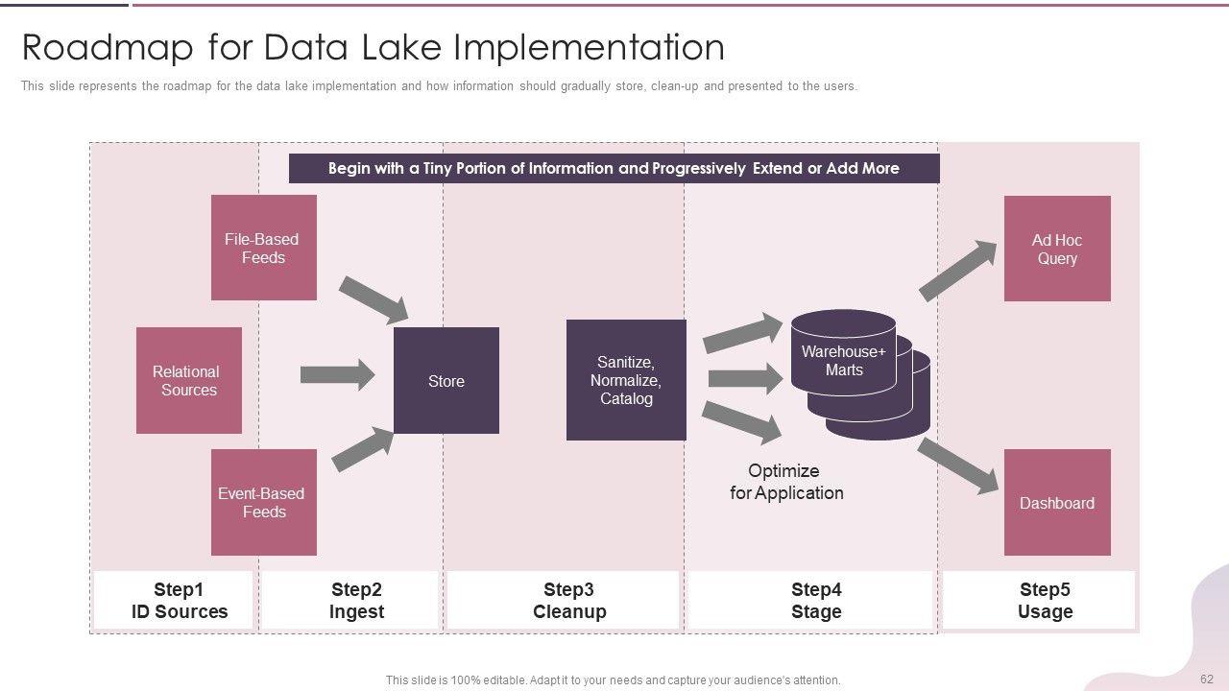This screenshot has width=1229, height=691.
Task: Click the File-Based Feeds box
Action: [264, 248]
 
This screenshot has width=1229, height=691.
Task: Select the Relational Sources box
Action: [189, 381]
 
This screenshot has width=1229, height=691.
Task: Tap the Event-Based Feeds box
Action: [264, 502]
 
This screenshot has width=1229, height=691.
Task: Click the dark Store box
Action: [446, 381]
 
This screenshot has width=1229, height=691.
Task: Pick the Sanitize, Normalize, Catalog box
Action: [626, 380]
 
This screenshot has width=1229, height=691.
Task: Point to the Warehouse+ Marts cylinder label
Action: [844, 360]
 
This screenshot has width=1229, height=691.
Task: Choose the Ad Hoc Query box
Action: [1057, 249]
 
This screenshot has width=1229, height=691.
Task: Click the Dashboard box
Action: [1057, 502]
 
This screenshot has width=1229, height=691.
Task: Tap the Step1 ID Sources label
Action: [179, 601]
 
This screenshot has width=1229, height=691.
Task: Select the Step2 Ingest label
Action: [356, 601]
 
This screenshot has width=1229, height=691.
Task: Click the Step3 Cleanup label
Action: [569, 601]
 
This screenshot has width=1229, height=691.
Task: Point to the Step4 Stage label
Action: [816, 601]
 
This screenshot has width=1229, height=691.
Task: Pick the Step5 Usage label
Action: [1046, 601]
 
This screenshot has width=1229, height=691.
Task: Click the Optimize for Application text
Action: [786, 482]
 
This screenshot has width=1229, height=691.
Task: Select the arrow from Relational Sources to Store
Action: [337, 375]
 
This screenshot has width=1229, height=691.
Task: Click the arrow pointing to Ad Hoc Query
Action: [958, 271]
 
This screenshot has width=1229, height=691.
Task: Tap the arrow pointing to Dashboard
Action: [958, 466]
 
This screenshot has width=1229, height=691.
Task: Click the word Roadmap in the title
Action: [108, 47]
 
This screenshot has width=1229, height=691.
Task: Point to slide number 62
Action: [1207, 679]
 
